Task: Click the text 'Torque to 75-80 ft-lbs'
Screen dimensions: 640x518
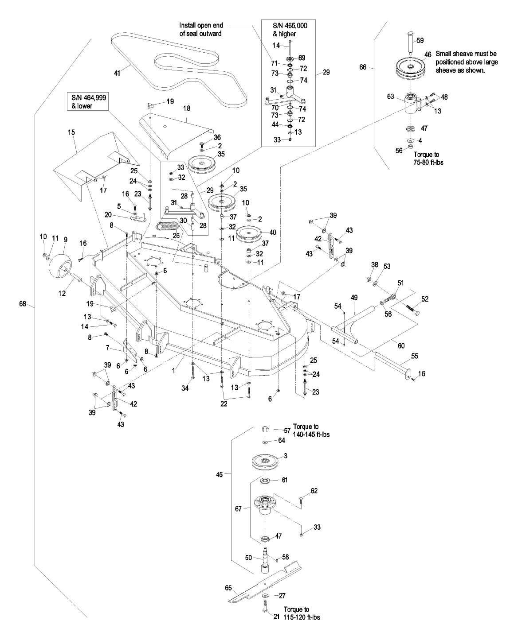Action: click(x=428, y=159)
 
